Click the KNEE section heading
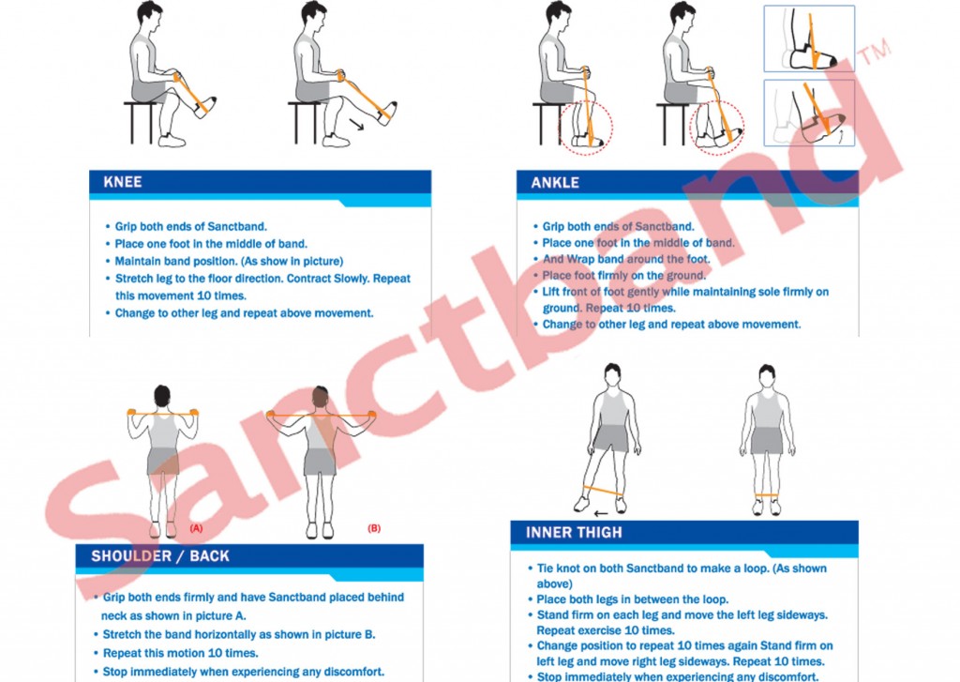pyautogui.click(x=123, y=182)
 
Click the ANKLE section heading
pyautogui.click(x=555, y=183)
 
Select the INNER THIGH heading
pyautogui.click(x=574, y=533)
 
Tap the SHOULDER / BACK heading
pyautogui.click(x=160, y=555)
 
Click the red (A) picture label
pyautogui.click(x=196, y=527)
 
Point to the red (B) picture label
pyautogui.click(x=373, y=527)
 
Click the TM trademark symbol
pyautogui.click(x=873, y=51)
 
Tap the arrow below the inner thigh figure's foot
pyautogui.click(x=601, y=513)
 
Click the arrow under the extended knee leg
pyautogui.click(x=356, y=125)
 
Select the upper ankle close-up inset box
pyautogui.click(x=809, y=38)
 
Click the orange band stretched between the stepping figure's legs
pyautogui.click(x=603, y=491)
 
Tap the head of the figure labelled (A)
pyautogui.click(x=162, y=396)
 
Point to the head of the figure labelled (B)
pyautogui.click(x=321, y=397)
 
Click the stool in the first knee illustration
pyautogui.click(x=141, y=122)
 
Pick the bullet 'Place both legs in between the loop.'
pyautogui.click(x=628, y=599)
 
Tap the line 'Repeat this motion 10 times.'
pyautogui.click(x=175, y=653)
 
